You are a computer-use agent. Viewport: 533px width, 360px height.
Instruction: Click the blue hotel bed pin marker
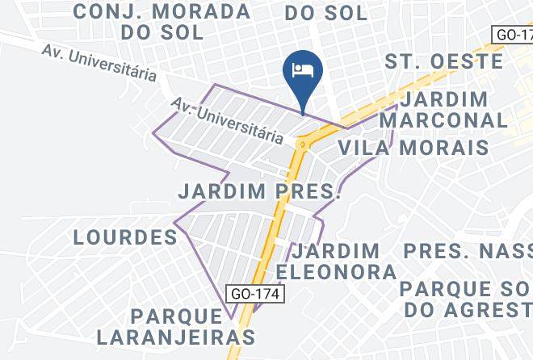click(x=303, y=71)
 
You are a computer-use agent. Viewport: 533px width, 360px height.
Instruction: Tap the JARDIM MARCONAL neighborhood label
click(x=444, y=110)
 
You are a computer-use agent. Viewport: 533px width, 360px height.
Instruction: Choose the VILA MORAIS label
click(x=413, y=147)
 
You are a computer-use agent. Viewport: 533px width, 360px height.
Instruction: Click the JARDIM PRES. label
click(x=259, y=192)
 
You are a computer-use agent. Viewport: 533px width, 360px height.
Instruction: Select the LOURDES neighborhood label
click(x=125, y=237)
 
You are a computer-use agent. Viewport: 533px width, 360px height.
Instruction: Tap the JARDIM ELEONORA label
click(x=337, y=261)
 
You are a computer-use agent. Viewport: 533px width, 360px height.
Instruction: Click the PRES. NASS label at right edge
click(x=468, y=251)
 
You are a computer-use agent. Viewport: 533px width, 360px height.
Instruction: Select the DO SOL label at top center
click(x=326, y=13)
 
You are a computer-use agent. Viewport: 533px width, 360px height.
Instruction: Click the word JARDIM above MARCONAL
click(x=444, y=99)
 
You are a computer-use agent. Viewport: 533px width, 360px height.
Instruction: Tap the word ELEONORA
click(x=337, y=271)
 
